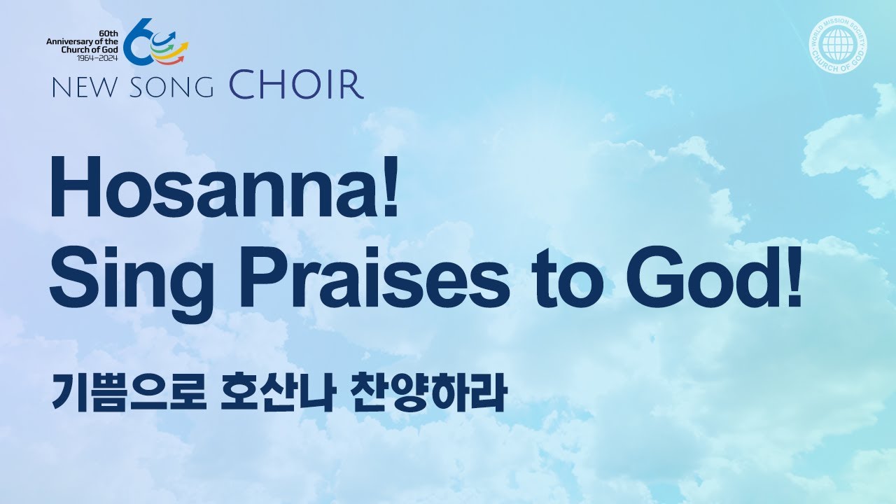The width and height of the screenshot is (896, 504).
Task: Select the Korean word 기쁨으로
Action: (127, 393)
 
